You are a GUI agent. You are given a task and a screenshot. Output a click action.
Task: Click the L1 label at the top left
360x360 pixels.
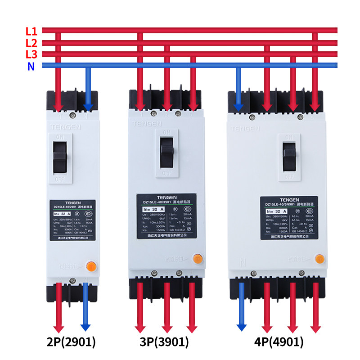(31, 31)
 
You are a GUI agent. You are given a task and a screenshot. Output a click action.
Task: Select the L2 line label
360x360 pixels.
(31, 43)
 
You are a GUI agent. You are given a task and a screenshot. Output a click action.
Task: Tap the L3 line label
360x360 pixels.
(31, 54)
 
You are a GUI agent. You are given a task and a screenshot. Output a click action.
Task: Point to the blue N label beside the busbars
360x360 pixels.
(31, 67)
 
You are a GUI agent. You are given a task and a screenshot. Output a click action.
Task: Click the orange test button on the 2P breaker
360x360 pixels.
(90, 266)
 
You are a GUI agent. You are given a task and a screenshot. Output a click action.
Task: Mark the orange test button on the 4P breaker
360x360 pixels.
(319, 259)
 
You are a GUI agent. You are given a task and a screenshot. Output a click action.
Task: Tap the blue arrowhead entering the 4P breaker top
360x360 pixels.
(239, 107)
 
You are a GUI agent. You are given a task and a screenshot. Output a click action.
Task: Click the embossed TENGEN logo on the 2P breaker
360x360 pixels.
(66, 127)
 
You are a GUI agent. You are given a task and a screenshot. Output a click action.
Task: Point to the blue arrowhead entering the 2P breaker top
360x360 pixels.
(88, 107)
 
